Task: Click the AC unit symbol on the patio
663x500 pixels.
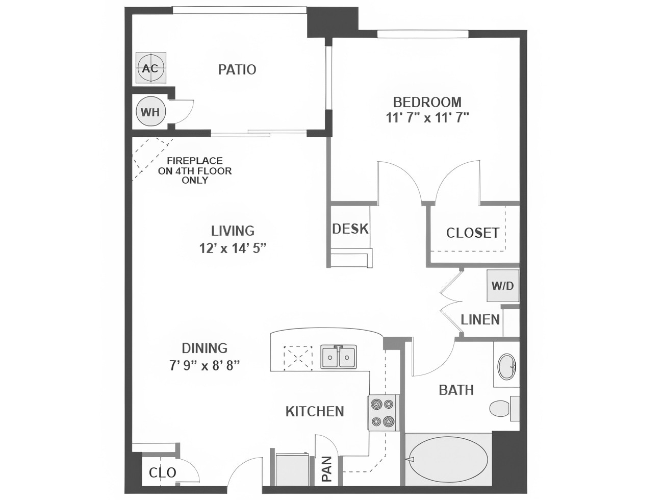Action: [x=151, y=68]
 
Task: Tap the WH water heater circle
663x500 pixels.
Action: [x=150, y=112]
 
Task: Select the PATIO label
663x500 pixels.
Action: [x=237, y=69]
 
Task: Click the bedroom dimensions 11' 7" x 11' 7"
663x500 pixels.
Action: [x=427, y=118]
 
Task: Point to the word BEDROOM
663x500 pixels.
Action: [x=427, y=102]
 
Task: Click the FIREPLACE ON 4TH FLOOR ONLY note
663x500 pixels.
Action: [x=195, y=170]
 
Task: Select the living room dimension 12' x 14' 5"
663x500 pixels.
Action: [x=233, y=248]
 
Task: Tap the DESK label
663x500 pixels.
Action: [x=350, y=229]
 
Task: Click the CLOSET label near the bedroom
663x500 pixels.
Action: [x=472, y=233]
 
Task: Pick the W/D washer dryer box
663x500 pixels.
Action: [x=502, y=286]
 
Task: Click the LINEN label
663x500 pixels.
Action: [x=480, y=320]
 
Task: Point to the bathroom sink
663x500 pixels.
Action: [x=507, y=366]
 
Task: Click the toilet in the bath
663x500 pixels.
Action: [x=501, y=408]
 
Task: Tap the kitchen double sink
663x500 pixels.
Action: [x=339, y=356]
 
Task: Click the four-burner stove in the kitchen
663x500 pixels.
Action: [x=382, y=412]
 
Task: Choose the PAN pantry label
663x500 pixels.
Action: [x=326, y=469]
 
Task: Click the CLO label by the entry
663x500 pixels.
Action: [x=162, y=472]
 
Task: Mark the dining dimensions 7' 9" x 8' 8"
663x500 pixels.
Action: [x=205, y=365]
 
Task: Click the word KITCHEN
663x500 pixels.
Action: [x=315, y=411]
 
